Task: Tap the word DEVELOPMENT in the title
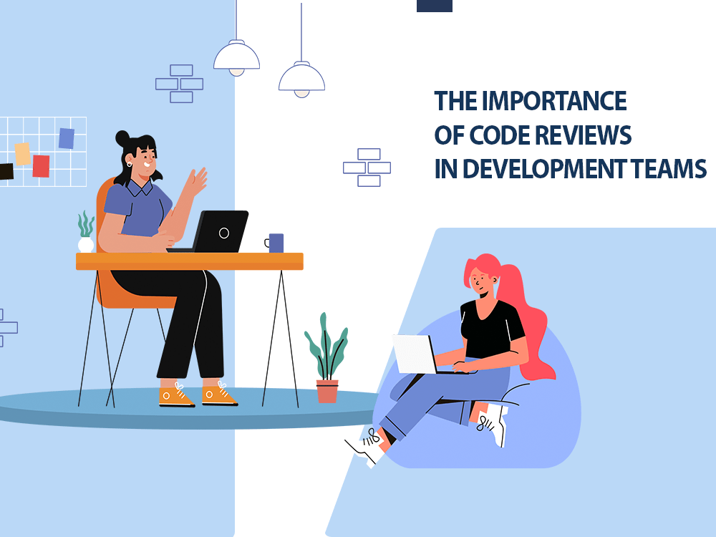pos(544,168)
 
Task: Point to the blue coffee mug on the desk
pos(274,243)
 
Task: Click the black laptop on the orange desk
pos(215,231)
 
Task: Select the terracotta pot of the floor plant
pos(327,392)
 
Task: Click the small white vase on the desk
pos(86,245)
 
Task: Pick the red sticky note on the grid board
pos(41,166)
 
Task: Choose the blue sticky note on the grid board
pos(67,138)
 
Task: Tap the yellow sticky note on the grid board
pos(22,154)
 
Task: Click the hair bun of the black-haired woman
pos(122,138)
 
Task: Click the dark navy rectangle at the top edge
pos(435,6)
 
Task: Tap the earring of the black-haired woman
pos(129,164)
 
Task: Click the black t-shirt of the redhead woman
pos(491,329)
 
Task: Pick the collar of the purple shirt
pos(140,187)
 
